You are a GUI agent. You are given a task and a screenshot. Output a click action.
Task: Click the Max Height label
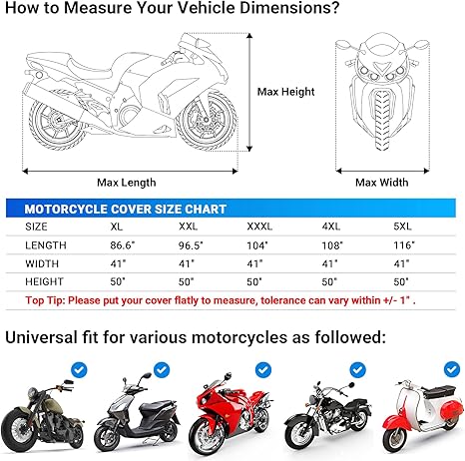[286, 92]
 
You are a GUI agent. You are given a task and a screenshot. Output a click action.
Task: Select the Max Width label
[381, 182]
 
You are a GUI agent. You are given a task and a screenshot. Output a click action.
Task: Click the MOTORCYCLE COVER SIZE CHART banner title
[125, 209]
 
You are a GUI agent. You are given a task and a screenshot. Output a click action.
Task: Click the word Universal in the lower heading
[50, 338]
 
